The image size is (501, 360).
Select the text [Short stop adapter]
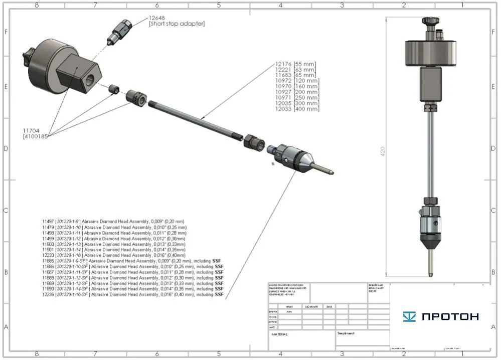click(x=177, y=24)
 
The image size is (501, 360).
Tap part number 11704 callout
click(x=31, y=129)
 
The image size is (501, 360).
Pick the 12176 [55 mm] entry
click(x=295, y=64)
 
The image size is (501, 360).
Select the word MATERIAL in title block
click(x=280, y=333)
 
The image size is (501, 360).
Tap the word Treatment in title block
click(x=346, y=333)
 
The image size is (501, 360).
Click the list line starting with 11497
click(x=113, y=221)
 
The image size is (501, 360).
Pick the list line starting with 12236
click(x=133, y=294)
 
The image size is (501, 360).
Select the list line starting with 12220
click(x=114, y=255)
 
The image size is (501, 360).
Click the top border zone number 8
click(x=37, y=5)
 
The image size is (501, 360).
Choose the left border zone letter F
click(x=6, y=31)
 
